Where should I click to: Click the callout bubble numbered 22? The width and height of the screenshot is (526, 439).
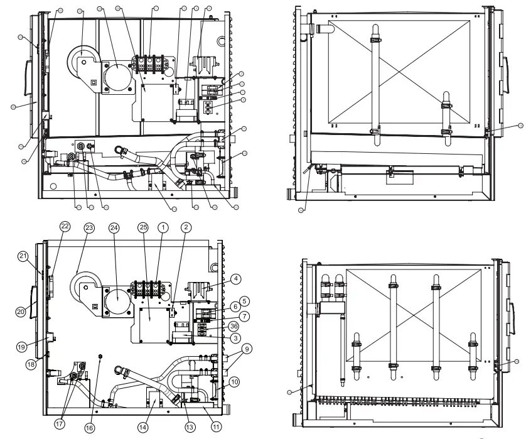[65, 226]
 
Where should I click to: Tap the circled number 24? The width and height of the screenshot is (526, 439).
[114, 227]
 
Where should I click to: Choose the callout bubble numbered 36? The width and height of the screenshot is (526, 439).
[234, 325]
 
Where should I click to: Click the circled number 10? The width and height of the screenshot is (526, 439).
[234, 381]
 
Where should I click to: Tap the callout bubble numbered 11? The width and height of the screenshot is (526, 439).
[217, 426]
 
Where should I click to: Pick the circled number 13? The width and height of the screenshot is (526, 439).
[188, 426]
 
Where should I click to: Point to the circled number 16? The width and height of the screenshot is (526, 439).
[90, 428]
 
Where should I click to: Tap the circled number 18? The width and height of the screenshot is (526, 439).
[30, 364]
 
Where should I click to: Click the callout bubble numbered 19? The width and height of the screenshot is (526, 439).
[23, 345]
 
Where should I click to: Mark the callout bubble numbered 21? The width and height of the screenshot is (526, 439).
[23, 256]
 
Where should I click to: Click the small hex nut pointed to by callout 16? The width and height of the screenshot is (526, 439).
[100, 357]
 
